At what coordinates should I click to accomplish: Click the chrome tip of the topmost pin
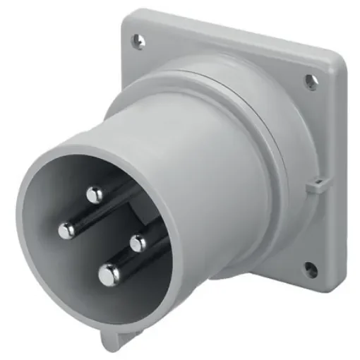[x=94, y=193]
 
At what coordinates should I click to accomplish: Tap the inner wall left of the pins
[x=42, y=233]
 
